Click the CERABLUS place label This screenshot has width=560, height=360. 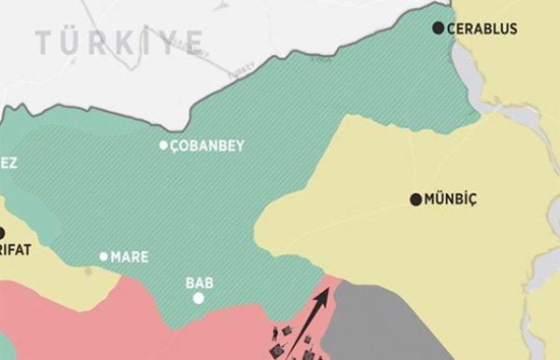[x=482, y=29]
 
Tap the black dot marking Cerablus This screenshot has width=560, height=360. [x=439, y=28]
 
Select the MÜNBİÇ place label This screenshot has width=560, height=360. [x=450, y=200]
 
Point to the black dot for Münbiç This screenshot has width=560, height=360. [x=415, y=200]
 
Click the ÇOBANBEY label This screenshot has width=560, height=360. [x=207, y=145]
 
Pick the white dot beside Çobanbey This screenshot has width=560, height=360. [x=163, y=145]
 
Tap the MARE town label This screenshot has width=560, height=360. [x=129, y=256]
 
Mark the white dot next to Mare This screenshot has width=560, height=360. [x=104, y=256]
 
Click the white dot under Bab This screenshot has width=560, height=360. [x=198, y=298]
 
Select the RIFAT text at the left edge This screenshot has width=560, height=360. [x=16, y=250]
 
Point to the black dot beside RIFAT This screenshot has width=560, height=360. [x=2, y=232]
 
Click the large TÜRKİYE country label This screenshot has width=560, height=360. [x=119, y=41]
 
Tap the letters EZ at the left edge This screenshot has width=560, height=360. [x=8, y=162]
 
